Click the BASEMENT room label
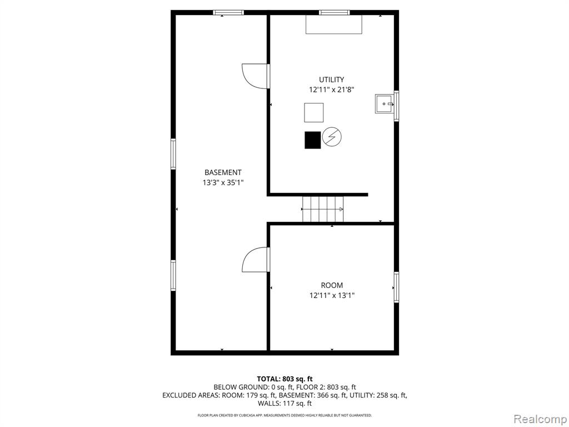(223, 172)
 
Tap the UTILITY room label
(331, 80)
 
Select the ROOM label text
(332, 285)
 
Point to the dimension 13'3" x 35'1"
(223, 182)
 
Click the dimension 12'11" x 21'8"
(331, 90)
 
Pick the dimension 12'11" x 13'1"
(332, 296)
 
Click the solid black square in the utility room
(312, 140)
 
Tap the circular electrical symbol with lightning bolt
(332, 137)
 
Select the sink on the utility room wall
(385, 104)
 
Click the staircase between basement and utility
(323, 209)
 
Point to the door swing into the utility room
(256, 76)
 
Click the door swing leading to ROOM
(256, 259)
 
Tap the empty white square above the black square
(314, 112)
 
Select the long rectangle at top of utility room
(334, 24)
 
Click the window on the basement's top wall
(228, 13)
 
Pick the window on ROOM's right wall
(396, 287)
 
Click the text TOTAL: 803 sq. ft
(284, 379)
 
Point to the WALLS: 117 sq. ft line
(284, 404)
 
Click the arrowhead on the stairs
(341, 209)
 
